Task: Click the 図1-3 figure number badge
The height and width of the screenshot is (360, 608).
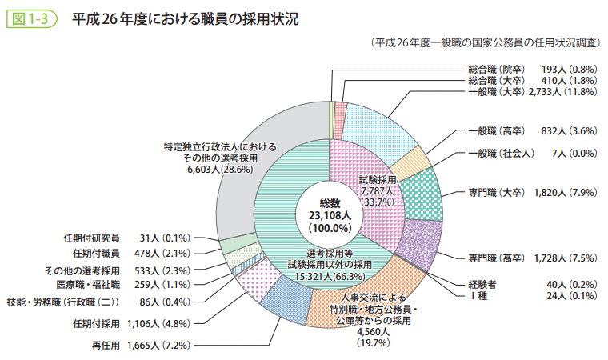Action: pyautogui.click(x=30, y=18)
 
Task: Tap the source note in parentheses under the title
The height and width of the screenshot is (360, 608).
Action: pyautogui.click(x=484, y=42)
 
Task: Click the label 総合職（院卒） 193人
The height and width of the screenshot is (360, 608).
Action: pyautogui.click(x=532, y=70)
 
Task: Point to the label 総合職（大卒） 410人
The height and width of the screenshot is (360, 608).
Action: pyautogui.click(x=532, y=81)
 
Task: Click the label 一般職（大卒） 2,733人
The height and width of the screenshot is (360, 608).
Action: pyautogui.click(x=532, y=92)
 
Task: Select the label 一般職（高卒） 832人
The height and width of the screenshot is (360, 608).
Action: pyautogui.click(x=532, y=130)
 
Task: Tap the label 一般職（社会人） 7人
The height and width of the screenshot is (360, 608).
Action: pyautogui.click(x=532, y=153)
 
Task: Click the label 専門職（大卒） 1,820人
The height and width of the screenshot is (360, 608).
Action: pyautogui.click(x=532, y=193)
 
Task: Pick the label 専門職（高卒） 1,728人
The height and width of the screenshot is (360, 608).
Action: pyautogui.click(x=532, y=257)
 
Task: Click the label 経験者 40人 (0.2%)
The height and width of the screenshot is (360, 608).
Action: pyautogui.click(x=532, y=284)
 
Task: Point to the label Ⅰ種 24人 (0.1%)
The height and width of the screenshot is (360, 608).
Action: pyautogui.click(x=532, y=295)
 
